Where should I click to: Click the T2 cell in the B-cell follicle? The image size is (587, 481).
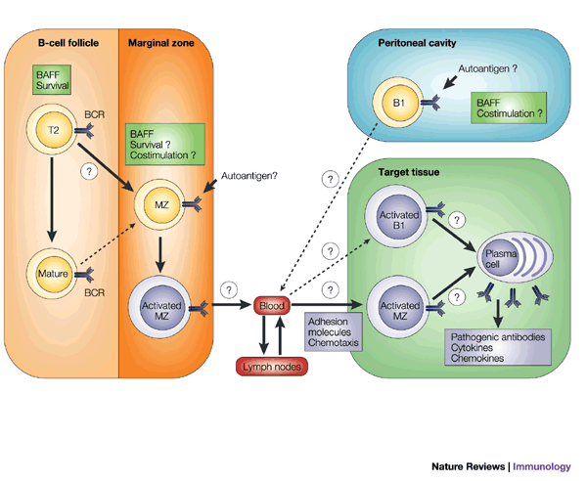click(x=53, y=129)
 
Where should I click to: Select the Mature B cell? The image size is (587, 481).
click(x=52, y=274)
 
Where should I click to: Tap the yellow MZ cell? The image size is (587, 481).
click(x=161, y=204)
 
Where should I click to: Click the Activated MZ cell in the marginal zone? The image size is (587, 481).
click(x=161, y=307)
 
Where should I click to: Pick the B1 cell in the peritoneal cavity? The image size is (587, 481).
click(x=398, y=103)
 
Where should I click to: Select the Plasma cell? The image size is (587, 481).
click(x=515, y=257)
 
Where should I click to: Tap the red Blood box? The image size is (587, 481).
click(x=272, y=306)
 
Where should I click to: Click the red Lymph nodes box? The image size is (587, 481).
click(x=272, y=367)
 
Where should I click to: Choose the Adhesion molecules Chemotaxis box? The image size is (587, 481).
click(x=334, y=331)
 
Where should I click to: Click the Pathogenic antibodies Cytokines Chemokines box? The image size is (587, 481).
click(x=498, y=347)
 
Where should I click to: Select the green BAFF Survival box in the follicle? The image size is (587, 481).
click(x=52, y=79)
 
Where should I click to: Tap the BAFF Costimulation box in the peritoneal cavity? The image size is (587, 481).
click(x=509, y=108)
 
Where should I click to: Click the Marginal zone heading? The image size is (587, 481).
click(x=161, y=43)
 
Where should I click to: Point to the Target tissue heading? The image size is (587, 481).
click(x=408, y=172)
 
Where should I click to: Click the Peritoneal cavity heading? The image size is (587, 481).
click(x=417, y=43)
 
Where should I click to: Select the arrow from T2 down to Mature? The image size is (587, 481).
click(x=52, y=199)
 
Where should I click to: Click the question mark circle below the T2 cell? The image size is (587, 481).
click(x=89, y=172)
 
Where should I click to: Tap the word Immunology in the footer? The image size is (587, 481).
click(x=542, y=466)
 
